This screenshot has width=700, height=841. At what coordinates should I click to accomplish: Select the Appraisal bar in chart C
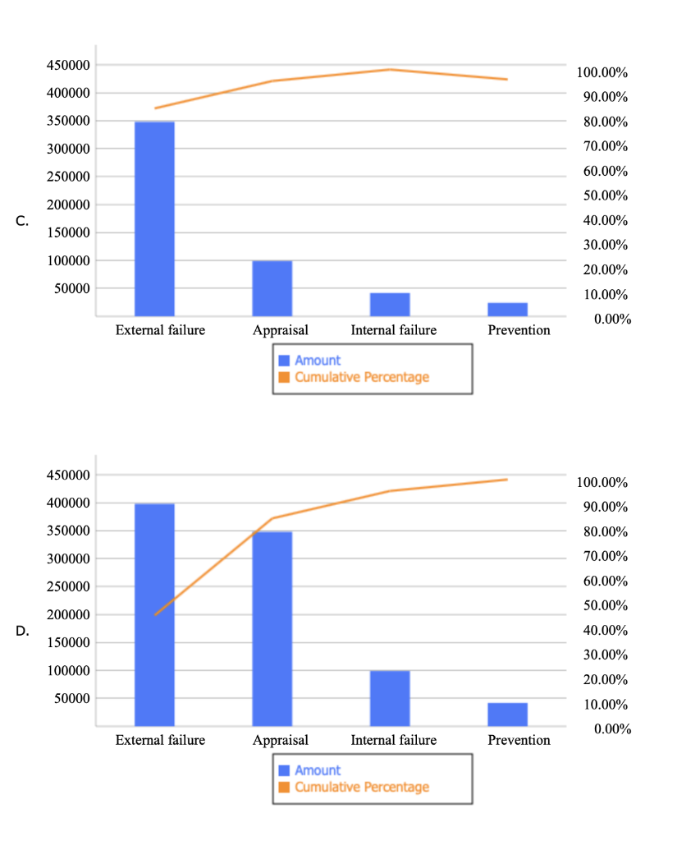(x=272, y=288)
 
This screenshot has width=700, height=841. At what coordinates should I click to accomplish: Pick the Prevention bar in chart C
(x=507, y=309)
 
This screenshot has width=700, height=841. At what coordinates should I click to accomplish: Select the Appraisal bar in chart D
(x=272, y=628)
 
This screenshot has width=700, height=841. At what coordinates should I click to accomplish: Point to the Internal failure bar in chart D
(x=390, y=698)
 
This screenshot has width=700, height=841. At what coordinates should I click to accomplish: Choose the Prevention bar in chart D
(x=507, y=714)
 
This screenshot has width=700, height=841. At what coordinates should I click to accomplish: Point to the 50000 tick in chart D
(x=71, y=698)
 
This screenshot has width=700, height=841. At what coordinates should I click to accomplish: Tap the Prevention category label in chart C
(x=519, y=330)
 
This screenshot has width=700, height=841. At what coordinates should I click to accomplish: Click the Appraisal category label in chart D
(x=281, y=740)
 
